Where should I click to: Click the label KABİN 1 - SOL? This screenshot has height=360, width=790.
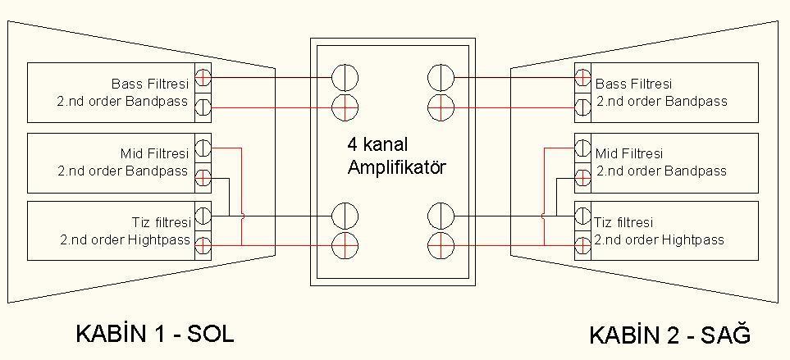coord(154,334)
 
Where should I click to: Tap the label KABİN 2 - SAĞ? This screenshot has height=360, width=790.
coord(669,335)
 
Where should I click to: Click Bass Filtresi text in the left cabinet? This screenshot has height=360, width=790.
coord(150,84)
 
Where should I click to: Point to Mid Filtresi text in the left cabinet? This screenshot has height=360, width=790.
coord(154,153)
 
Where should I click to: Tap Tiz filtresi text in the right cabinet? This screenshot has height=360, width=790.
coord(624,222)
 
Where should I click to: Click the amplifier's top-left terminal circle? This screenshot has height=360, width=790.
coord(345,78)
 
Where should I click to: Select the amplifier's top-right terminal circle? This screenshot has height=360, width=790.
coord(441,78)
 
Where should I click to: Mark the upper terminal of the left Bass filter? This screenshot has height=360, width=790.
coord(203,79)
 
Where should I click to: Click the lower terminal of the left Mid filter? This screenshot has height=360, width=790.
coord(203,178)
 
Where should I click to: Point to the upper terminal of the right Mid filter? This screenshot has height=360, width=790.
coord(582,149)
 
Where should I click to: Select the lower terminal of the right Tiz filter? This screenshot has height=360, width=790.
coord(582,244)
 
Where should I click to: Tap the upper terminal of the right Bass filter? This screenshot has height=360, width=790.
coord(582,79)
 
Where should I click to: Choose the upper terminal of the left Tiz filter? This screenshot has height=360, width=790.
coord(203,216)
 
